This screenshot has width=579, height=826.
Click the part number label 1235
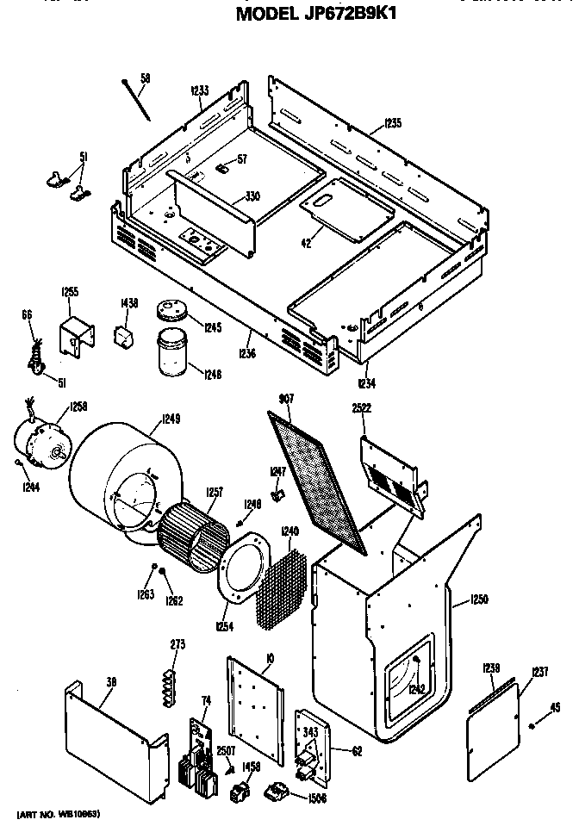click(x=392, y=123)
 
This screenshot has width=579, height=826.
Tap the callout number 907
click(x=287, y=398)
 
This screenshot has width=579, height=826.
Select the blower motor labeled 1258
click(x=41, y=447)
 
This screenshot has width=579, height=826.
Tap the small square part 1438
click(x=127, y=332)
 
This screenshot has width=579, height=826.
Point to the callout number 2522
click(x=361, y=407)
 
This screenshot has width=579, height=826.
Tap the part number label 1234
click(x=366, y=382)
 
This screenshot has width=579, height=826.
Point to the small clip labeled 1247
click(x=279, y=495)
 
